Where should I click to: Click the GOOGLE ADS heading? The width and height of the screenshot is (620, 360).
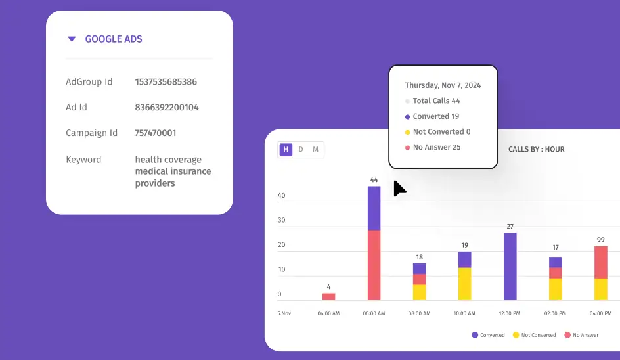[114, 39]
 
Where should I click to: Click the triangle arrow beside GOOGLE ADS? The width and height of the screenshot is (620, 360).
[72, 39]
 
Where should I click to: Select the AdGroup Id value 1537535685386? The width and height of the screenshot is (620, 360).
[166, 82]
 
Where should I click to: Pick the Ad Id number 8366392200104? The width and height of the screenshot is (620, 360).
[167, 108]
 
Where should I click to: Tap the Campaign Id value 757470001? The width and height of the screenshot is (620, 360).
[156, 133]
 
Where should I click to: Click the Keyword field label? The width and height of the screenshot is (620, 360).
[83, 160]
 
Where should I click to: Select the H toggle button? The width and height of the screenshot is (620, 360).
[286, 150]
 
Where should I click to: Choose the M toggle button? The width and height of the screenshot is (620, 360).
[315, 150]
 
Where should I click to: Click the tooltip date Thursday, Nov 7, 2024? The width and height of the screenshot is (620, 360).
[443, 85]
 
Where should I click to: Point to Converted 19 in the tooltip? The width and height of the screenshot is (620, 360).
[435, 116]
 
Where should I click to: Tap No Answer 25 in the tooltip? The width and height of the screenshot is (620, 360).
[437, 147]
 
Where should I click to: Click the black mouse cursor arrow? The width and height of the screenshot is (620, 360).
[399, 189]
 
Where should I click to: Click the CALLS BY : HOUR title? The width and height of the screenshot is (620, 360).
[536, 150]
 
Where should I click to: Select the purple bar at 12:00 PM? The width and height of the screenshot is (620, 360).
[510, 266]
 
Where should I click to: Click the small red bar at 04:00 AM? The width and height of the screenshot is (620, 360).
[328, 296]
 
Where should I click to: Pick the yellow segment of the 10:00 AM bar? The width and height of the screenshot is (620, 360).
[464, 284]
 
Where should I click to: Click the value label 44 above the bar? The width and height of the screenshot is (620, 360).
[374, 179]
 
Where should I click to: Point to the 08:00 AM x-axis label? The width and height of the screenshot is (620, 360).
[419, 314]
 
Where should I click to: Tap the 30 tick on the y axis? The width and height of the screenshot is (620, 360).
[282, 220]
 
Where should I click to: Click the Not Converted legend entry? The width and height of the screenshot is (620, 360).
[538, 335]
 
